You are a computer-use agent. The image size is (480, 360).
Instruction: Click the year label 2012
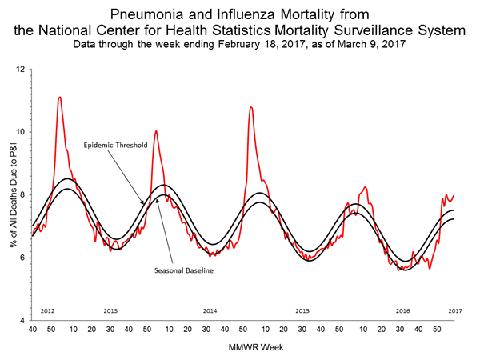(47, 310)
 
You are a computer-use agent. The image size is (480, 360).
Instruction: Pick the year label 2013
(111, 310)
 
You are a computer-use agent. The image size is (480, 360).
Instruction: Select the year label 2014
(210, 310)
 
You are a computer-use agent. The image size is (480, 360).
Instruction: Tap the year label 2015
(302, 310)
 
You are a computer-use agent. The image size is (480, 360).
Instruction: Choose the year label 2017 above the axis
(454, 310)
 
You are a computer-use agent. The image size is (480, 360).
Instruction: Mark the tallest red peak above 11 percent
(60, 98)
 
